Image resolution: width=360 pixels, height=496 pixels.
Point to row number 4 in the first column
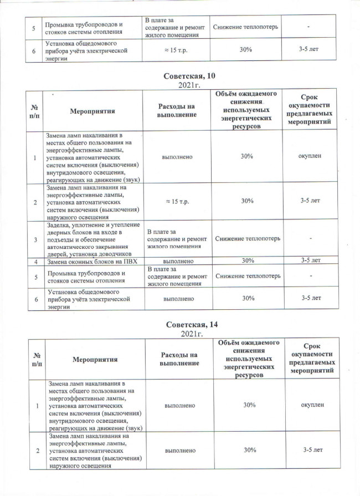click(x=35, y=260)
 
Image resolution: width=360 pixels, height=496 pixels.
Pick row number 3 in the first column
click(x=35, y=239)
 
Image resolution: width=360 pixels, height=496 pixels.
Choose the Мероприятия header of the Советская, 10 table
click(x=92, y=111)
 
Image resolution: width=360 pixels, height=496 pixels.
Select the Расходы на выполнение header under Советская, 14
click(x=178, y=359)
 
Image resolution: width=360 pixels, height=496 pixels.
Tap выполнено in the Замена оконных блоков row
click(x=178, y=260)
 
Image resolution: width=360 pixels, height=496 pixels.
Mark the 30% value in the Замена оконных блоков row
click(x=247, y=260)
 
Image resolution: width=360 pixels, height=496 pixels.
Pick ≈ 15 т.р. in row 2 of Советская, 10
click(x=178, y=202)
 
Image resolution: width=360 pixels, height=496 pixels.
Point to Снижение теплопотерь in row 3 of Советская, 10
click(x=247, y=239)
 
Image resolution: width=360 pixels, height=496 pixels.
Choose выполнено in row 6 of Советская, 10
click(x=178, y=298)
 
